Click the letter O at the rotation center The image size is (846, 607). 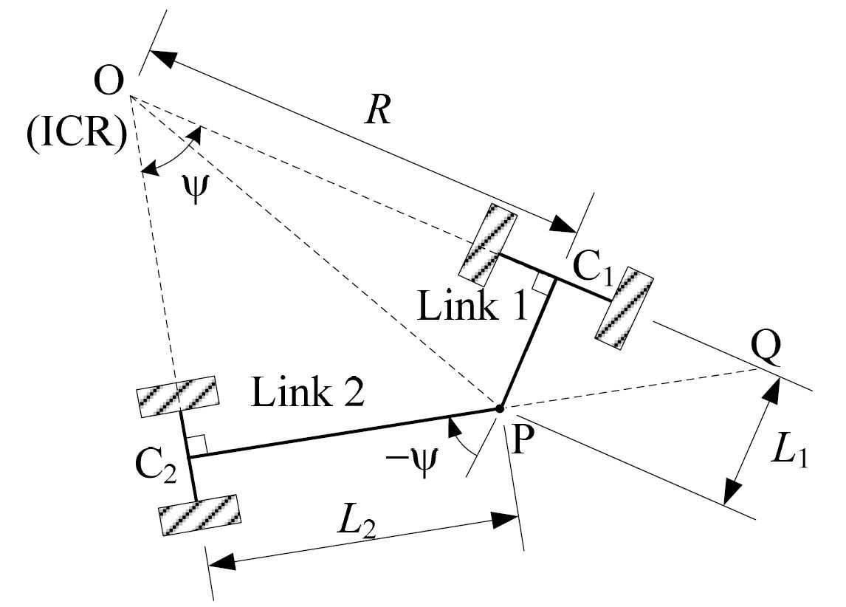(x=109, y=82)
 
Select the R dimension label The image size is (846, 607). (x=378, y=112)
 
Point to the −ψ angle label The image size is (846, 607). (x=412, y=462)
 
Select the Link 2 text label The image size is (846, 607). (x=308, y=393)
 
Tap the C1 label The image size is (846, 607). (x=593, y=268)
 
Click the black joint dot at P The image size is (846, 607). (x=500, y=408)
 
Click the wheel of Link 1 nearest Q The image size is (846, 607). (x=625, y=309)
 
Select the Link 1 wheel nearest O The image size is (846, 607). (x=488, y=244)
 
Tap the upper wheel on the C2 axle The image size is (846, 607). (x=178, y=397)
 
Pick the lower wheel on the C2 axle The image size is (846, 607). (x=199, y=515)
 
